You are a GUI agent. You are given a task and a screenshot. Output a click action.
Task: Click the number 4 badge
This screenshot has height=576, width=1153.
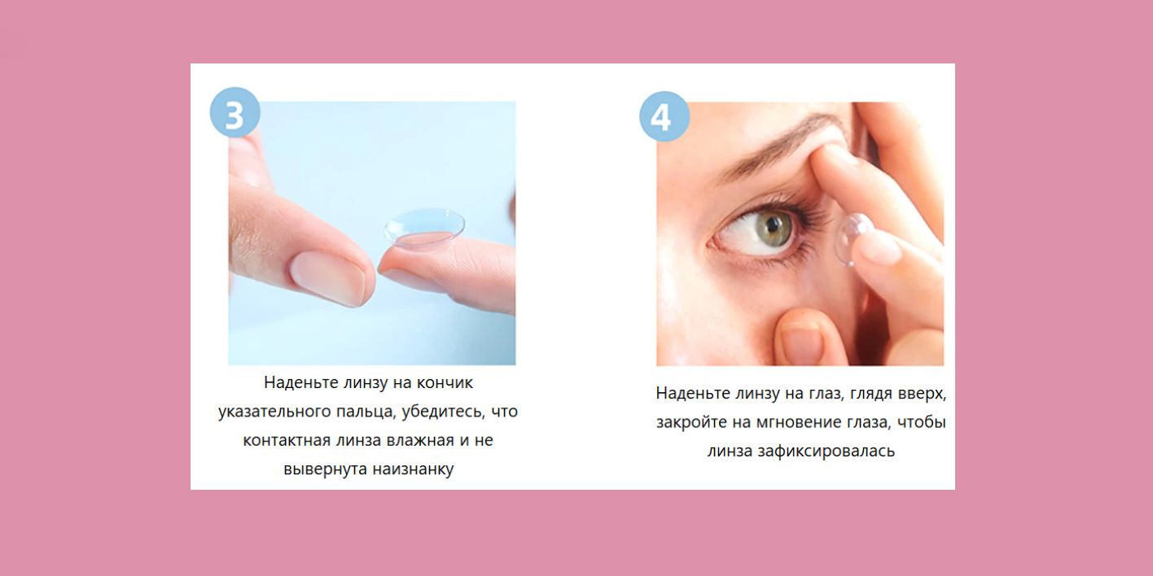664,116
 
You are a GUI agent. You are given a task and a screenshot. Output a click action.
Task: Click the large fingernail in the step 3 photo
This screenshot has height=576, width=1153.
329,277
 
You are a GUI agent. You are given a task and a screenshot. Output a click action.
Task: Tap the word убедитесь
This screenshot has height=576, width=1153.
445,412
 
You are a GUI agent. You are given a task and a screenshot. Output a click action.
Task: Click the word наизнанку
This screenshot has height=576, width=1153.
413,469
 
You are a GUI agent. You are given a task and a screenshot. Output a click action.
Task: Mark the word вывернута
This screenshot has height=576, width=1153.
324,469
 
